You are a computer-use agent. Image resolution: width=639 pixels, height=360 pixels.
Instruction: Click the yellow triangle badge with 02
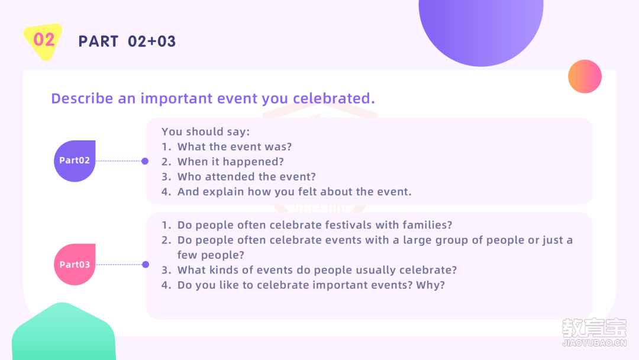coord(43,41)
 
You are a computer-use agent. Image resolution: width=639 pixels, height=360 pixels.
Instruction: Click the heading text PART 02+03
coord(127,41)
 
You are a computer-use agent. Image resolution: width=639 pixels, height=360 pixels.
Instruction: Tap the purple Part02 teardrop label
coord(75,160)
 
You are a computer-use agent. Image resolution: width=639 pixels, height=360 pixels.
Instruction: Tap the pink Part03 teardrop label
coord(75,264)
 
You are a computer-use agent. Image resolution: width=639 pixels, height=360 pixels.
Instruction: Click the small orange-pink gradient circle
coord(585,76)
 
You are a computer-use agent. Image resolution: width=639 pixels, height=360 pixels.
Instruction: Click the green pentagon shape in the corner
coord(63,332)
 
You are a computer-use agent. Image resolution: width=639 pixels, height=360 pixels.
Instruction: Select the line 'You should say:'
coord(205,131)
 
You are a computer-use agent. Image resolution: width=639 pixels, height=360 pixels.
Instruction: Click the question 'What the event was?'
coord(234,147)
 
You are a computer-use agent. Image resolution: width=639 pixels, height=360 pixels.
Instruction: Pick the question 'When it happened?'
coord(230,162)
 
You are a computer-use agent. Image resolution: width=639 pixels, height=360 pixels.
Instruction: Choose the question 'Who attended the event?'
coord(246,176)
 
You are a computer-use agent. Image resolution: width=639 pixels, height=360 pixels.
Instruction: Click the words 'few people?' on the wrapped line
coord(211,255)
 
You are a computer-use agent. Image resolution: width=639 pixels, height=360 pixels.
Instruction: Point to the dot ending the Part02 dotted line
coord(145,161)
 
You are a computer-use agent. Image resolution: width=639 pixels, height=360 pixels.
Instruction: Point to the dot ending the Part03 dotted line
coord(146,265)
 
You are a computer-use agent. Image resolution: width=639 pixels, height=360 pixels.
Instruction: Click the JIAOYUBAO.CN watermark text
coord(594,343)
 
